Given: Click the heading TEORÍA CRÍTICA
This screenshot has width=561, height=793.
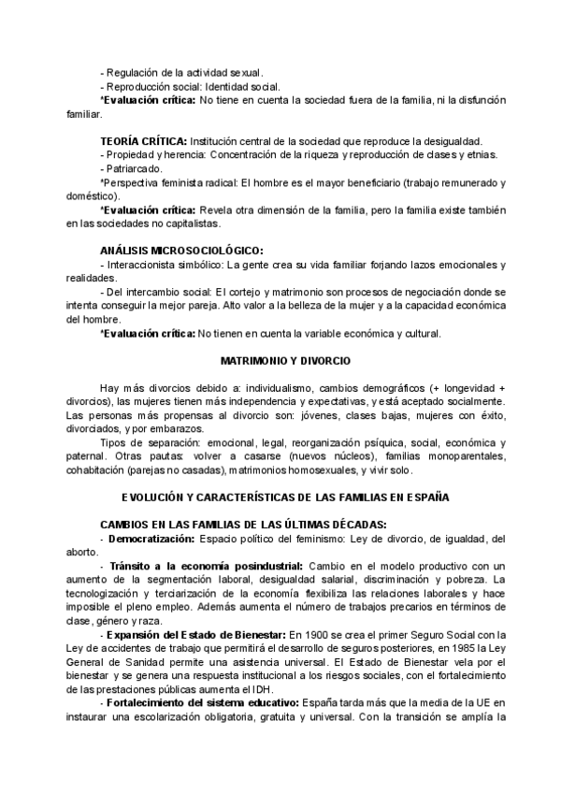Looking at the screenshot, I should [143, 139].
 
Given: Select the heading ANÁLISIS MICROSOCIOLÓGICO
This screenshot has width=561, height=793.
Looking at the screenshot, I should [181, 251].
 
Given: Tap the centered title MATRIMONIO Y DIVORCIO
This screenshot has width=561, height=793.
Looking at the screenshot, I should [280, 360].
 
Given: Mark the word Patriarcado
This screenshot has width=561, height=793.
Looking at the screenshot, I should [134, 168].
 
